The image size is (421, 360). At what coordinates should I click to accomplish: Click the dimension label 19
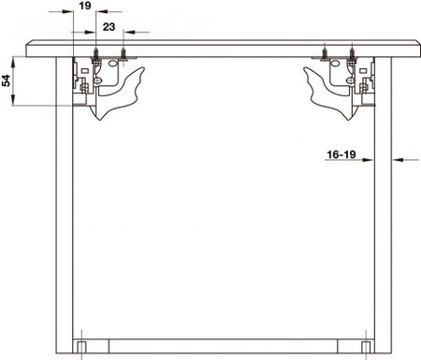click(85, 6)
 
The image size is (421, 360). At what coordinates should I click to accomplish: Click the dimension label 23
click(109, 27)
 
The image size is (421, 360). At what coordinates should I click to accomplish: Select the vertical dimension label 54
click(7, 80)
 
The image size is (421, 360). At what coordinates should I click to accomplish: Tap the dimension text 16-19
click(341, 154)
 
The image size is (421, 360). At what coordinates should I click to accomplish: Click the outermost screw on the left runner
click(96, 55)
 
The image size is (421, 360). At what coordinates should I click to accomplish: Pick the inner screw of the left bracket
click(123, 54)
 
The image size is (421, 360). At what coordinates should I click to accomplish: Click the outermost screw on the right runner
click(352, 55)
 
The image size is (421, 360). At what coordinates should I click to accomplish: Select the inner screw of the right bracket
click(325, 52)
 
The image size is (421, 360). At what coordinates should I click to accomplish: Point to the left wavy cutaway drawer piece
click(120, 94)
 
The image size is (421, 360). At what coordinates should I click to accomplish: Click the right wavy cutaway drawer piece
click(328, 94)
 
